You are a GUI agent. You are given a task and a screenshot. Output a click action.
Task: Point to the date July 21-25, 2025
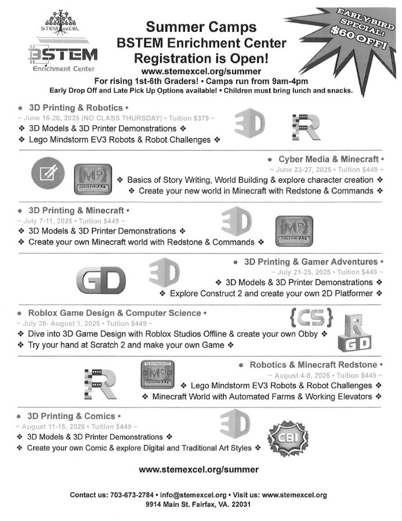(297, 272)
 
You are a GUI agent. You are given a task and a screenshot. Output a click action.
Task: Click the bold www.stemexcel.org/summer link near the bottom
(199, 469)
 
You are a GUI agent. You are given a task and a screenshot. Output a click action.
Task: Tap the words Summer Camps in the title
(201, 27)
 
